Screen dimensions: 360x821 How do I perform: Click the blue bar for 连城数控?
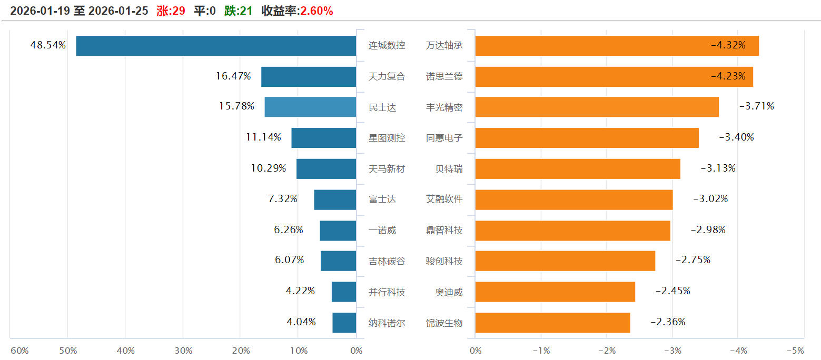pos(216,46)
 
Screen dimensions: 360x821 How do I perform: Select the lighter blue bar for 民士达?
pos(310,107)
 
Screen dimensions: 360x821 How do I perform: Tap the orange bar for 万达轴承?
pos(617,46)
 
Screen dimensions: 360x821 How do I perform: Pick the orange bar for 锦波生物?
pos(552,323)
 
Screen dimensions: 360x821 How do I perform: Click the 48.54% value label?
pos(48,45)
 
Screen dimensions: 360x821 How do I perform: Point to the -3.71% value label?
pos(756,106)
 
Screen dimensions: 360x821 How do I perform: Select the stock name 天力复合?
pos(387,76)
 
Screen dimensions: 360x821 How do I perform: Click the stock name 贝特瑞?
pos(449,169)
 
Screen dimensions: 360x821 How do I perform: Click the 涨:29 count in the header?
pos(171,11)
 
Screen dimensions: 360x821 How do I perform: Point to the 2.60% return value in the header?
pos(316,11)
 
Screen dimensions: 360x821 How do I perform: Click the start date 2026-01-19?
pos(40,11)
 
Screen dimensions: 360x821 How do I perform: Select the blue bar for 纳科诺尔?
pos(344,323)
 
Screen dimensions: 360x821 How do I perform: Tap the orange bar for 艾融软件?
pos(574,199)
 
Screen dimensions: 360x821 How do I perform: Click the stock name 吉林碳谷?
pos(387,261)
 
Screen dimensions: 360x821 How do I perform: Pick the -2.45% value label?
pos(672,291)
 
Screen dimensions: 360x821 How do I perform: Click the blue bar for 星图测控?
pos(323,138)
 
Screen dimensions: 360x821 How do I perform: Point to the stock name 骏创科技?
pos(444,261)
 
